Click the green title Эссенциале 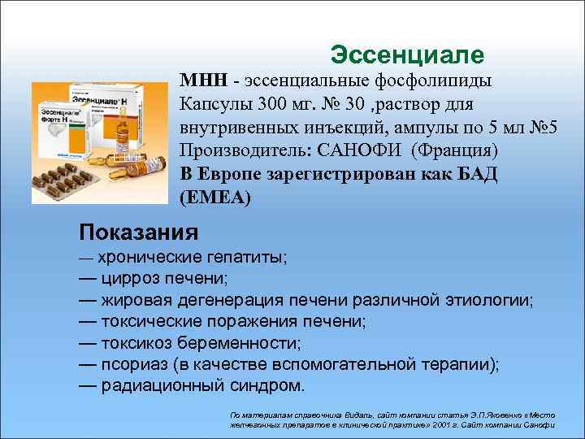click(408, 55)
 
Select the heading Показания click(138, 233)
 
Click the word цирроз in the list click(132, 279)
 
